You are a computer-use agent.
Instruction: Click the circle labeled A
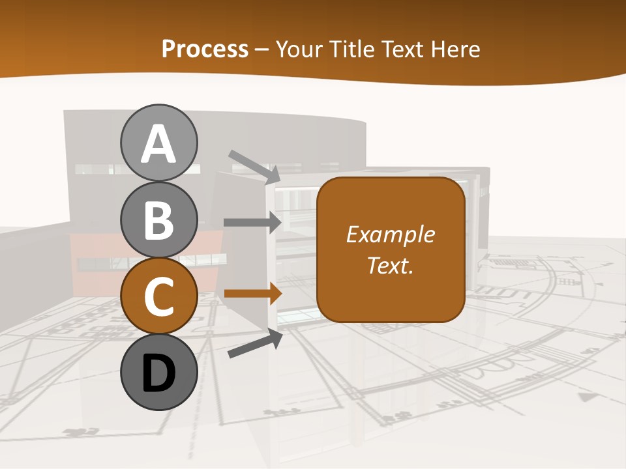158,143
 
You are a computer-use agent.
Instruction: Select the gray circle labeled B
158,220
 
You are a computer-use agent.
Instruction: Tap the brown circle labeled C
158,296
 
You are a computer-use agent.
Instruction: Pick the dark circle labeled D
158,372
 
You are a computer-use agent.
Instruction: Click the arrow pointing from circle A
254,167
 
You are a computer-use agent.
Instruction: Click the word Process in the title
205,50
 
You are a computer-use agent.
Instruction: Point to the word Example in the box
390,234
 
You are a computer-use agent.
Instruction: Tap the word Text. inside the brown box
390,265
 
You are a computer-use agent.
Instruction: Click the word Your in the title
300,50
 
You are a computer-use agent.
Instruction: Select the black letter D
158,373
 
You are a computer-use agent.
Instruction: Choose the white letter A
158,144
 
